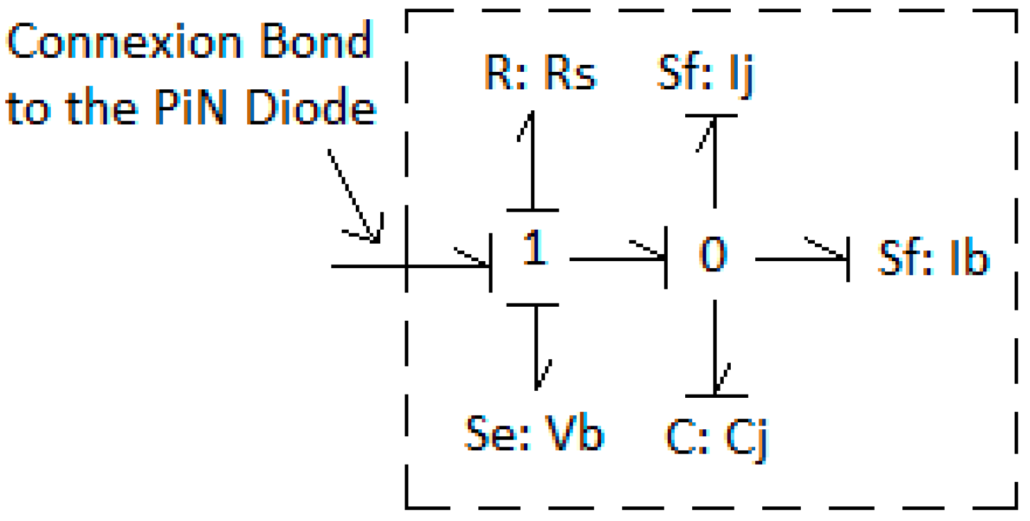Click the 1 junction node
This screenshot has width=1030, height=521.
point(534,248)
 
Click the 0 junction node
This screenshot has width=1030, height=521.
point(713,254)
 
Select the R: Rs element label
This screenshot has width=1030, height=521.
point(540,72)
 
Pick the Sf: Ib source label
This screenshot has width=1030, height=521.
point(933,258)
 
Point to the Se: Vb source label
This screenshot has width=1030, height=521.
point(534,433)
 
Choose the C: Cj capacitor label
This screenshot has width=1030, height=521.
point(716,438)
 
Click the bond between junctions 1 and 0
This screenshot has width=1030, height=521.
point(616,259)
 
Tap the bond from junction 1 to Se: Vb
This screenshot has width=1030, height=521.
point(536,346)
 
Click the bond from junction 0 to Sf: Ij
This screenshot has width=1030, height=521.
point(715,164)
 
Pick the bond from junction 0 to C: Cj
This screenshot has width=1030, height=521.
point(715,346)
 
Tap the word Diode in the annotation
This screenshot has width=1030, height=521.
point(311,107)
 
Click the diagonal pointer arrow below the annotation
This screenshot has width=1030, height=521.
point(355,196)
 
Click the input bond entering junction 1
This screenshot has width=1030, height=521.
point(411,266)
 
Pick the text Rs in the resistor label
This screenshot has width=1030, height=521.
point(570,72)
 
